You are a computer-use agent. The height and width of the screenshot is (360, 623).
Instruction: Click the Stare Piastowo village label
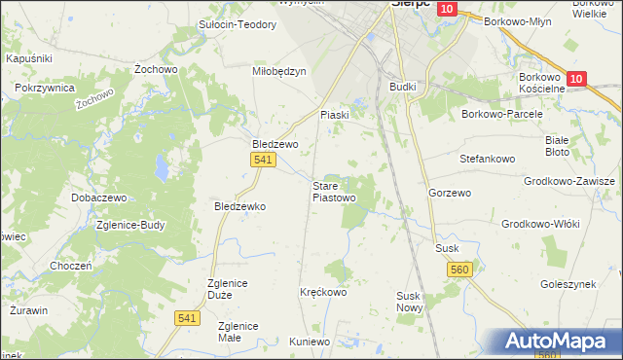coord(333,192)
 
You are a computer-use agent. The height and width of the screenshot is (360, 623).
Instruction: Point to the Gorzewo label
coord(450,194)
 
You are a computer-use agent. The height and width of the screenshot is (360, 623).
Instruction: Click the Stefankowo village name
coord(486,157)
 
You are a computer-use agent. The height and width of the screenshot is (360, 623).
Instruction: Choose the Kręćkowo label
coord(323,292)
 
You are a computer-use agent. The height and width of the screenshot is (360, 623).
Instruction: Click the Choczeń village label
coord(70,266)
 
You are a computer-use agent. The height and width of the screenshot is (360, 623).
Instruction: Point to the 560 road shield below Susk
coord(460,269)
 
